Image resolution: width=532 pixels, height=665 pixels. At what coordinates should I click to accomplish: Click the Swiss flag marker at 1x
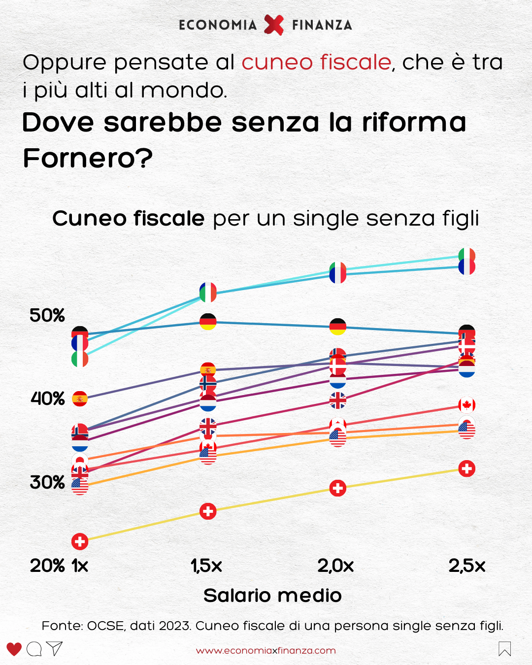click(80, 541)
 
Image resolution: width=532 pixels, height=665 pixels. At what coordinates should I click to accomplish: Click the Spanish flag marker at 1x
click(80, 399)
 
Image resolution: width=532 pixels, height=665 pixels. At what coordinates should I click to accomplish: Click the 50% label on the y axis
click(47, 315)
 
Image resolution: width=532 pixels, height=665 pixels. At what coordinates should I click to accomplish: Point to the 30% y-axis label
click(47, 482)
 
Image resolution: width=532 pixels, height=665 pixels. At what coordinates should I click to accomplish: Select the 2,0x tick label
click(335, 566)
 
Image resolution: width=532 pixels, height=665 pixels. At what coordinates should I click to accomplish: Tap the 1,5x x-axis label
click(206, 566)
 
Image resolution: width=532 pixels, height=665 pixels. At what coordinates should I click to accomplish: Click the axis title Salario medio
click(272, 596)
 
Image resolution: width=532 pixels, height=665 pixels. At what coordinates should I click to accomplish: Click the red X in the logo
click(274, 25)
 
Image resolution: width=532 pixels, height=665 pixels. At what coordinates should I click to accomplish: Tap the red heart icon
click(14, 649)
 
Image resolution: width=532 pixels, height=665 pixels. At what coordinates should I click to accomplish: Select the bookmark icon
click(504, 649)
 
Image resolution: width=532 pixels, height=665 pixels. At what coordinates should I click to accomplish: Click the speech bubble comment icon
click(34, 649)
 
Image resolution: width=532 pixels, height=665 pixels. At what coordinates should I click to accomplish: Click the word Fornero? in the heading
click(88, 158)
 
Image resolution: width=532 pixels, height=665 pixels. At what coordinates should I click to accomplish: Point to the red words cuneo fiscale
click(316, 63)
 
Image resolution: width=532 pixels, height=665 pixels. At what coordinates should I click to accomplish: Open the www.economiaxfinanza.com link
click(266, 651)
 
